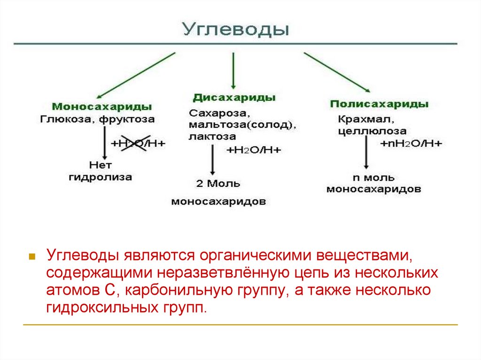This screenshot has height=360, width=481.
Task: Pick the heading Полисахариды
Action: coord(379,104)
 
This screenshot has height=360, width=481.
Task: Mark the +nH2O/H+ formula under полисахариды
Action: coord(411,143)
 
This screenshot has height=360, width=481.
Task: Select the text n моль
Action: coord(373,178)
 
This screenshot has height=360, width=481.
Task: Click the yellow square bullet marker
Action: coord(32,257)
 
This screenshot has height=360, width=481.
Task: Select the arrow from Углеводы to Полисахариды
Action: coord(337,71)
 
